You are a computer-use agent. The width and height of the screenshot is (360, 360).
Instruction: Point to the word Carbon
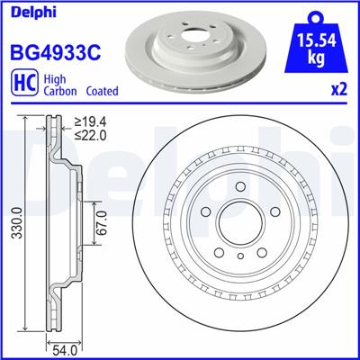point(54,91)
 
